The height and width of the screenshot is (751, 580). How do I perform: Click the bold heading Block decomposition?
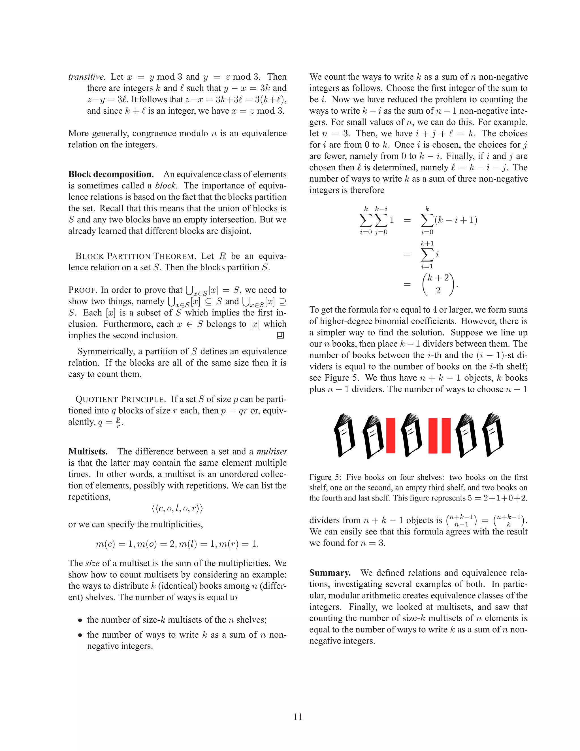coord(111,174)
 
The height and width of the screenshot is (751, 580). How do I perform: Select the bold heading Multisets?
coord(88,451)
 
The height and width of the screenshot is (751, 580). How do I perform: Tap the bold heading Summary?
coord(330,573)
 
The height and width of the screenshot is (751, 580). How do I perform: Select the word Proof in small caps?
coord(82,290)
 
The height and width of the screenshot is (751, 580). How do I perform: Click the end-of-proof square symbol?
coord(280,335)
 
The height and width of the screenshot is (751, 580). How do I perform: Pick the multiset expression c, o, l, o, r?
coord(177,509)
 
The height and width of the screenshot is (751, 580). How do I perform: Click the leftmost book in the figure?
coord(345,436)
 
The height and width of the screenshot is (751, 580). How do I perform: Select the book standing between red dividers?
coord(411,436)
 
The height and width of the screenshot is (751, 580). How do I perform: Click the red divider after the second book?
coord(391,436)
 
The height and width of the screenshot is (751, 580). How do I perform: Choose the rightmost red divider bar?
coord(446,436)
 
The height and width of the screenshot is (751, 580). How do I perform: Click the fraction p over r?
coord(118,423)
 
